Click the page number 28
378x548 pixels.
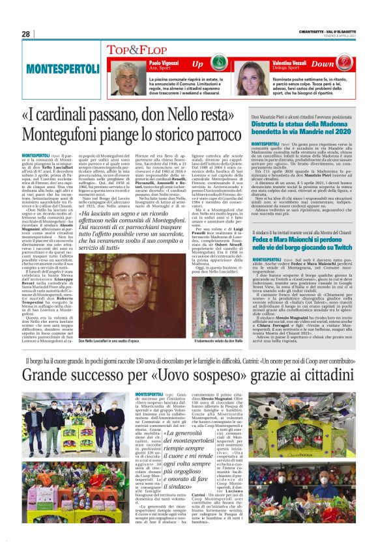click(x=25, y=33)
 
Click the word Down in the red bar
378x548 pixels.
click(x=342, y=64)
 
